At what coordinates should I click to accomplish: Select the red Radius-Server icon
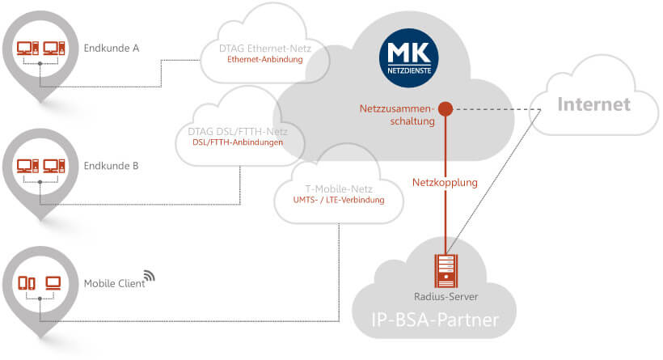pyautogui.click(x=444, y=269)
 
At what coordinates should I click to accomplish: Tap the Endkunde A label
pyautogui.click(x=112, y=48)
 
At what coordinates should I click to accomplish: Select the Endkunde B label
pyautogui.click(x=112, y=166)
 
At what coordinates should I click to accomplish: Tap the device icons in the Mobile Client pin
pyautogui.click(x=40, y=283)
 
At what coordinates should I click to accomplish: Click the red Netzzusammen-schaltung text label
pyautogui.click(x=398, y=114)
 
